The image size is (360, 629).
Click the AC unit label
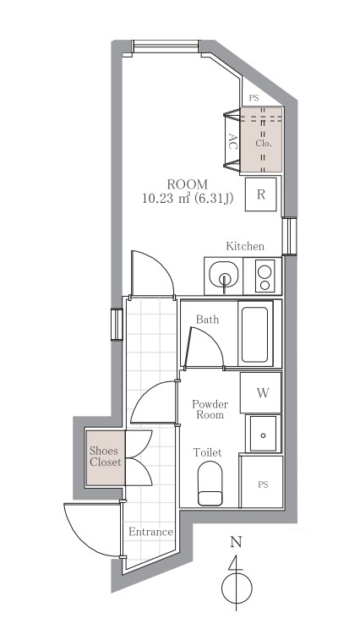click(x=232, y=141)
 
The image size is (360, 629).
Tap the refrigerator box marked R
click(x=261, y=194)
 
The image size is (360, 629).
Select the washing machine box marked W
click(x=260, y=393)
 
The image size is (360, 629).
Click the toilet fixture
click(x=210, y=484)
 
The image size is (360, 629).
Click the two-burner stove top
click(x=265, y=276)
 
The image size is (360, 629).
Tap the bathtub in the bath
click(x=254, y=334)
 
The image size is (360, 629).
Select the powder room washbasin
click(x=263, y=434)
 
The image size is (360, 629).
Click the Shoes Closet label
click(x=105, y=457)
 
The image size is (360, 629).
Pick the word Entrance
click(x=150, y=532)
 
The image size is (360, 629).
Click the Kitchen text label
click(x=245, y=246)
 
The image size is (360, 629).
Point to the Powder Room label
click(x=210, y=409)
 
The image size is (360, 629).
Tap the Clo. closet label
click(x=264, y=143)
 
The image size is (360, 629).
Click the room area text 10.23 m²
click(x=166, y=198)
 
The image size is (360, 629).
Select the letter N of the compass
click(x=236, y=543)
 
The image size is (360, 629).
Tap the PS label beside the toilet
click(x=263, y=485)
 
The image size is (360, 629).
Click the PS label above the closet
click(x=254, y=98)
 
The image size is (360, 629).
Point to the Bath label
click(x=208, y=320)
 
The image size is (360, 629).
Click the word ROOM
click(x=188, y=184)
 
